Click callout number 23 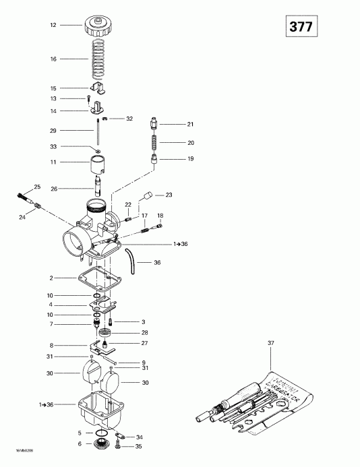pyautogui.click(x=169, y=195)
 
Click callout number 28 pyautogui.click(x=144, y=333)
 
